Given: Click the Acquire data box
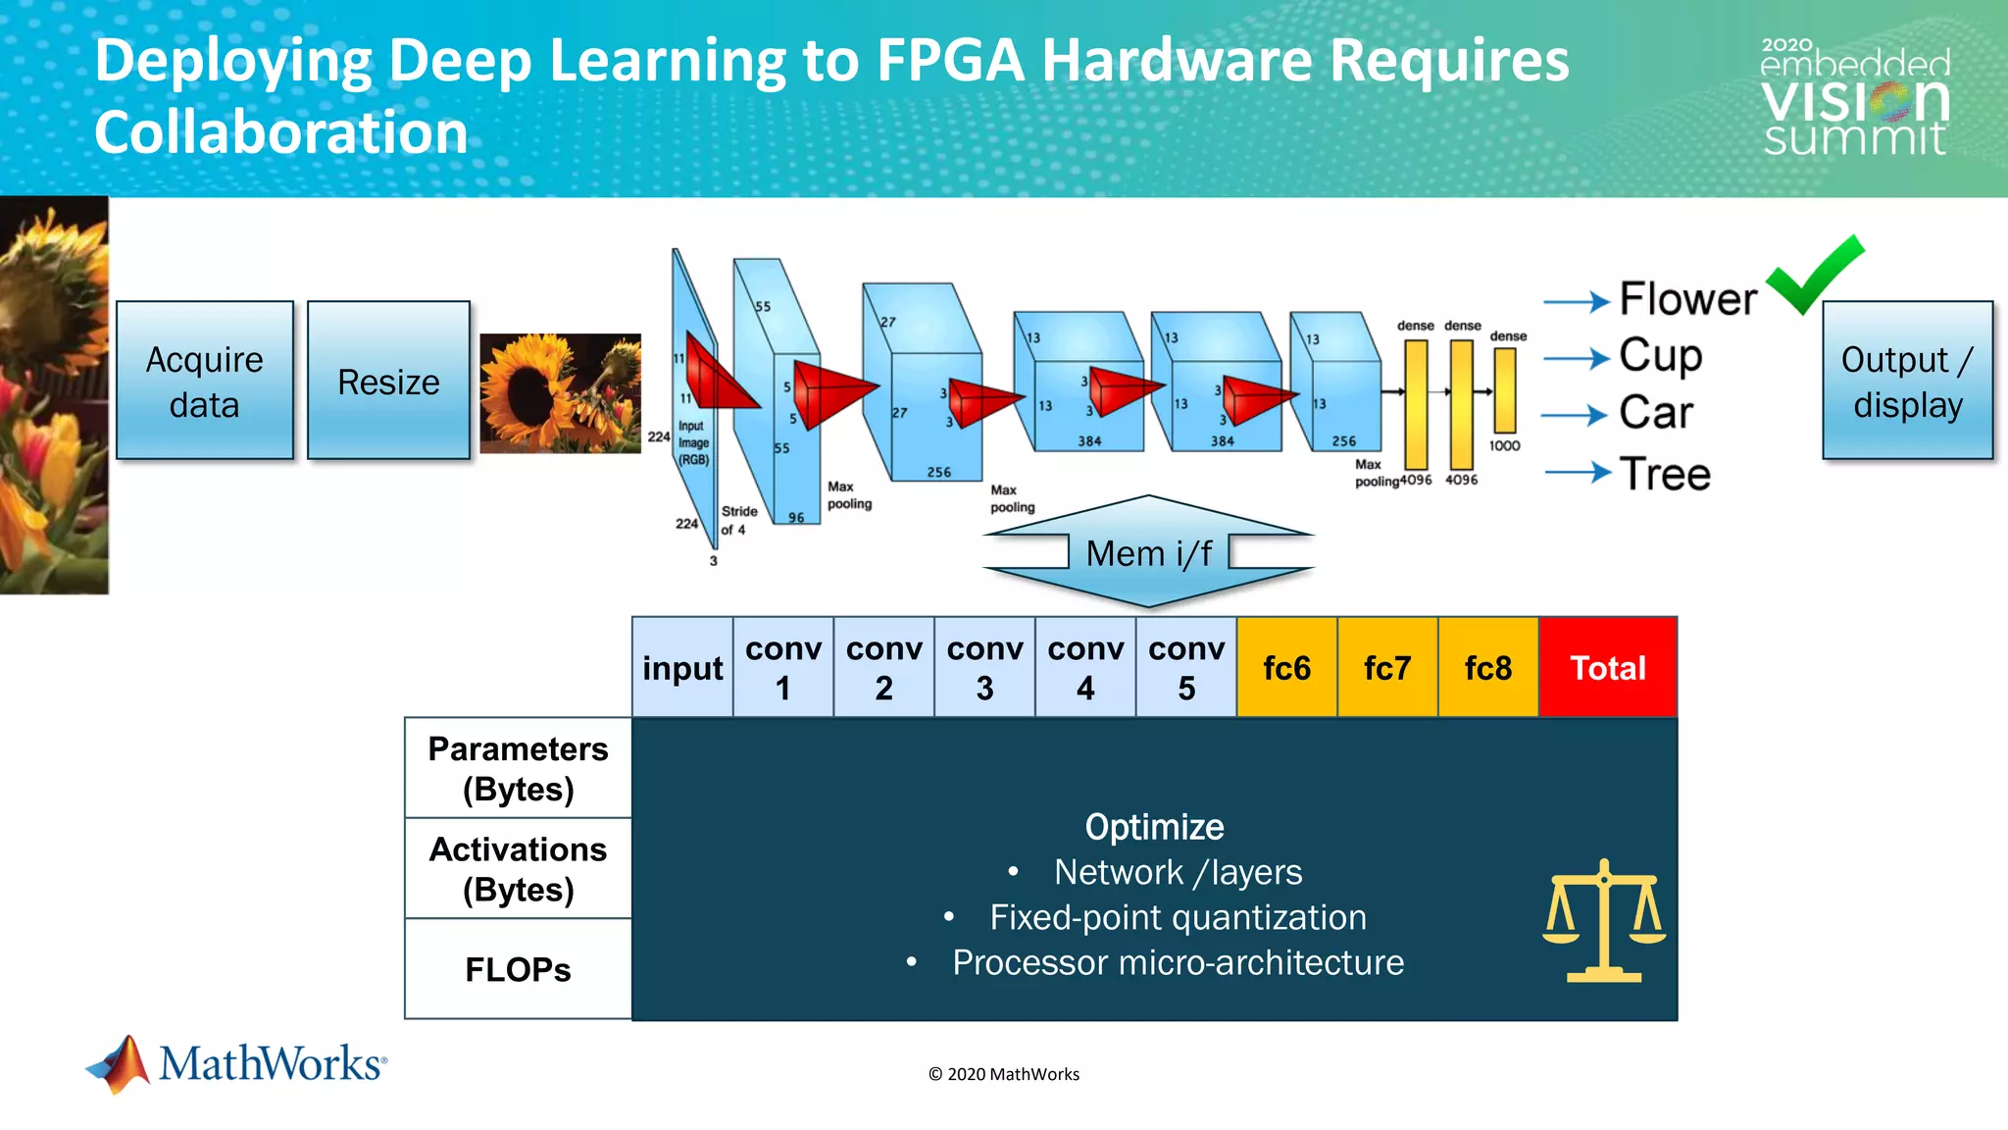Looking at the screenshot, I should point(204,381).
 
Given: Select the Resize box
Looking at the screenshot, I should point(388,381).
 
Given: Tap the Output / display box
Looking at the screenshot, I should point(1907,381).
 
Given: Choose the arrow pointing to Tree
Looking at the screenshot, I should point(1578,474).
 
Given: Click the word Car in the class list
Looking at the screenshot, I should point(1656,413).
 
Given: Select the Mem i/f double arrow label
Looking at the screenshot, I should point(1148,553).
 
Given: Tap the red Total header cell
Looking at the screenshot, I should point(1608,668).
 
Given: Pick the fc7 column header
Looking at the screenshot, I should point(1387,668).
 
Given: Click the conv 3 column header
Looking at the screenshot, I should point(984,668).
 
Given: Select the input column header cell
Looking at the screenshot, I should point(682,668).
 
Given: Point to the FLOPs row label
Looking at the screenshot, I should point(518,969).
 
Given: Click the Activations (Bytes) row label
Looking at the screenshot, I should point(518,869).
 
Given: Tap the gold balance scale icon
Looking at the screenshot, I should point(1604,921).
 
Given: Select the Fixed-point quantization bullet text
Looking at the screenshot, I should point(1178,917).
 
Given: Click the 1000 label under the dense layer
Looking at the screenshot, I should point(1504,446).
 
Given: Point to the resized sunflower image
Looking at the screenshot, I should point(560,393).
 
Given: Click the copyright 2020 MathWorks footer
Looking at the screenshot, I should point(1003,1074).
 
